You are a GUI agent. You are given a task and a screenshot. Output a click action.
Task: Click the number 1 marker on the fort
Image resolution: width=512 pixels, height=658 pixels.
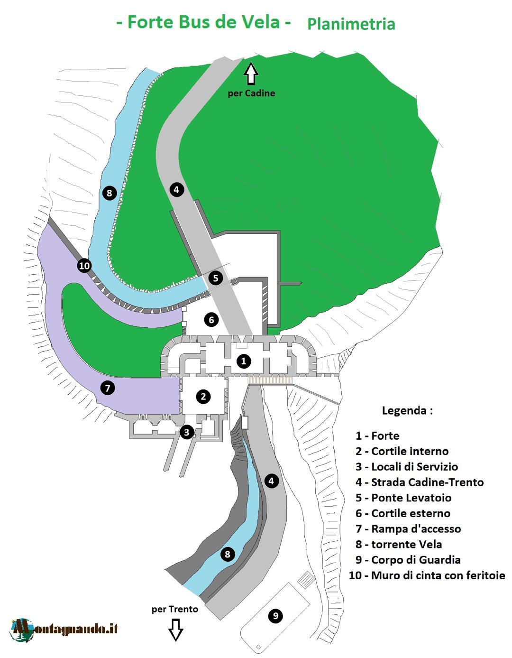click(244, 361)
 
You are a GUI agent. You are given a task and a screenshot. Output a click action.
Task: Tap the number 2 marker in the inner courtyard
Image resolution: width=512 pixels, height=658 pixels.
click(203, 396)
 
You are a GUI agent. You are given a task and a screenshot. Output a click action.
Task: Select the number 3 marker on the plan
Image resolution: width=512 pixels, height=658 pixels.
click(187, 432)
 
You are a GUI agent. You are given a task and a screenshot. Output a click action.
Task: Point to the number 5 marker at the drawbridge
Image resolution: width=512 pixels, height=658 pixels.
click(216, 278)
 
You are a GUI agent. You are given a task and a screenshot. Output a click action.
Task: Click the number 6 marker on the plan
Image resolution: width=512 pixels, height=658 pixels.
click(211, 320)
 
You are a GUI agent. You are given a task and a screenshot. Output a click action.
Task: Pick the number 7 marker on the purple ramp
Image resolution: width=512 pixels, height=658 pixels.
click(108, 388)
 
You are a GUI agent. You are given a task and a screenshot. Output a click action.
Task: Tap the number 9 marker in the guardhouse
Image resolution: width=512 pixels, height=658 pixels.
click(275, 616)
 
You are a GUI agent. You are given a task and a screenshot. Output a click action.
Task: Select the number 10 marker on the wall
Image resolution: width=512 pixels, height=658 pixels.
click(84, 266)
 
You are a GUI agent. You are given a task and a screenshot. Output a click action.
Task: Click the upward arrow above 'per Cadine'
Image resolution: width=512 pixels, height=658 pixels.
click(251, 74)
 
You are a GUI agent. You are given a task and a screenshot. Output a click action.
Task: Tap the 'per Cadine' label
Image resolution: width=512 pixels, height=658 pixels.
click(251, 93)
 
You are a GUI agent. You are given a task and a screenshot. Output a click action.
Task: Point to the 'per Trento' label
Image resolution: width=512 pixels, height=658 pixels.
click(175, 609)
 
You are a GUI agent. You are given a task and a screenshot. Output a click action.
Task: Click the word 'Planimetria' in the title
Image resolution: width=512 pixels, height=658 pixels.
click(351, 24)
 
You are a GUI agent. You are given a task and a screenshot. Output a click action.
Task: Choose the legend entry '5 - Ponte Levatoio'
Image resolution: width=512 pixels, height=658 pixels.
click(403, 498)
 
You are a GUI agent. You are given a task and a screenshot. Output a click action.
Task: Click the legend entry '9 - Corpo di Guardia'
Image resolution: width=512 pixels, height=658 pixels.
click(408, 560)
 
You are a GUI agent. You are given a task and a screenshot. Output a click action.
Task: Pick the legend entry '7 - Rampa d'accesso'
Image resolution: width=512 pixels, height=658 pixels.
click(408, 528)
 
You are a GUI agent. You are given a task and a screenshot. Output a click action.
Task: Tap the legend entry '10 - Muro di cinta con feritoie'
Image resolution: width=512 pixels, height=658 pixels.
click(427, 575)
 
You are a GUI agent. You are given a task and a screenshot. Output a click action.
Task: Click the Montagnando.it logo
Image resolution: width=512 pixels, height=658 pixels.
click(64, 629)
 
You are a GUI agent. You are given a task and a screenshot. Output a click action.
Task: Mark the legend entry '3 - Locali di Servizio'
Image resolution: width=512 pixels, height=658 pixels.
click(407, 467)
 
